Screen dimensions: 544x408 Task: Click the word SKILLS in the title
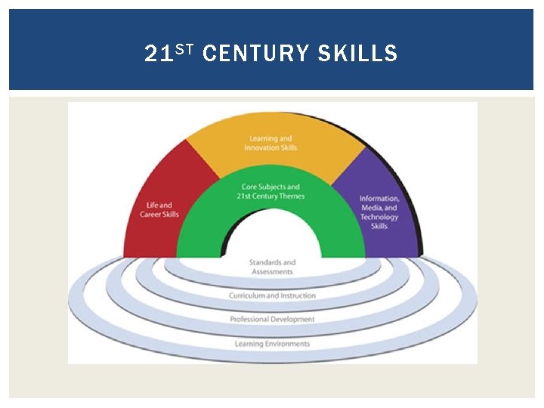[x=357, y=54]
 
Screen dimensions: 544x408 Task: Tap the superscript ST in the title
[x=187, y=48]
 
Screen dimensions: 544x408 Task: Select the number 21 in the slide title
[x=160, y=54]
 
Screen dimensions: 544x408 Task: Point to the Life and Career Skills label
[x=156, y=209]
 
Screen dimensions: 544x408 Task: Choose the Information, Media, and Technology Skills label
[x=379, y=212]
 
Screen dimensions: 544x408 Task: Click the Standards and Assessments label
[x=272, y=267]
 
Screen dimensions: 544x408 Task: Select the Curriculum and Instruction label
[x=272, y=295]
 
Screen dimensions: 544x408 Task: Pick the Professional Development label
[x=272, y=320]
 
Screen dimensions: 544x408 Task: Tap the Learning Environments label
[x=272, y=344]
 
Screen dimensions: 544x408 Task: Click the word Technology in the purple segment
[x=379, y=217]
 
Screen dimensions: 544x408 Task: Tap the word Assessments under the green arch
[x=272, y=271]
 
